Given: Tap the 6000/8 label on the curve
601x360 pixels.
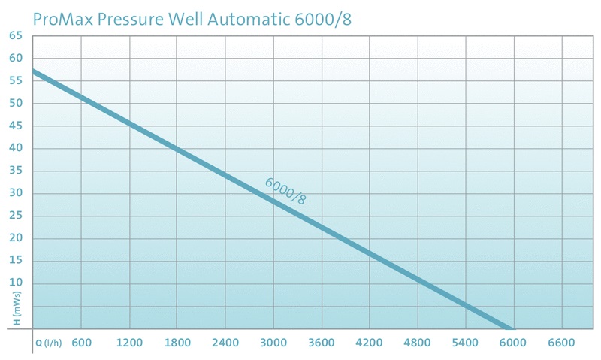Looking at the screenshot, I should click(286, 192).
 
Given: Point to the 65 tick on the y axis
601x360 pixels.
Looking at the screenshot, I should click(17, 35).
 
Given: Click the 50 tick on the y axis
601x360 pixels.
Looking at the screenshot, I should click(17, 103).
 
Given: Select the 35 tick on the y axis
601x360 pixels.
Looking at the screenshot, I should click(17, 171).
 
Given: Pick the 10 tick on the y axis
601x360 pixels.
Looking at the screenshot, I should click(17, 283).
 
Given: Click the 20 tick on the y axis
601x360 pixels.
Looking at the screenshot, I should click(17, 238).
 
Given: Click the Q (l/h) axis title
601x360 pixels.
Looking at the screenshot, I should click(50, 343).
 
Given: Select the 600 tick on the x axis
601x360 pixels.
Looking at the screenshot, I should click(81, 343).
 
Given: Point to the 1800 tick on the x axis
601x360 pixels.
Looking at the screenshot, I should click(177, 343).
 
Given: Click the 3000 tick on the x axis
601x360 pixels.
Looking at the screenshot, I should click(273, 343).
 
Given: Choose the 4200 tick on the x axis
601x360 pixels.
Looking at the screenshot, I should click(370, 343).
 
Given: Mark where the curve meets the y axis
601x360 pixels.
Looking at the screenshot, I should click(34, 72).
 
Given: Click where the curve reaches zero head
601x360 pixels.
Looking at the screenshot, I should click(512, 328).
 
